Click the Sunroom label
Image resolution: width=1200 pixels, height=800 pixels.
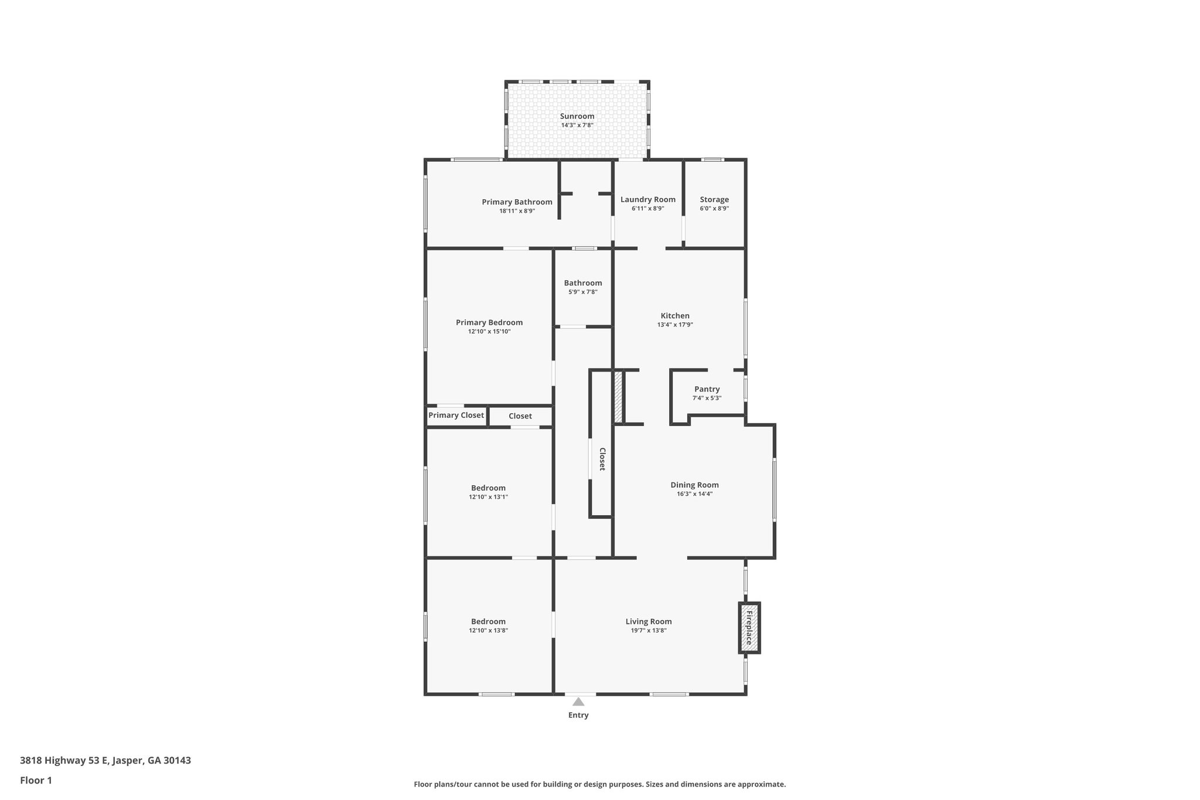[x=577, y=116]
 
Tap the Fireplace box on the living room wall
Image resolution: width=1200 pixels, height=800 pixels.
[x=748, y=628]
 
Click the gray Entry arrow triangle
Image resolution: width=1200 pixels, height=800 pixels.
[x=578, y=702]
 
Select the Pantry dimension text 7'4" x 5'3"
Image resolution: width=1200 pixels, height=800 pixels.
[x=707, y=398]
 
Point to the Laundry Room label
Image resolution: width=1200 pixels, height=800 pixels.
[x=647, y=199]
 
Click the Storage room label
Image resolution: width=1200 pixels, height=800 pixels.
[x=714, y=199]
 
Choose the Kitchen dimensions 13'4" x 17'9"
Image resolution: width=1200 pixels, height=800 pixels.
[x=674, y=325]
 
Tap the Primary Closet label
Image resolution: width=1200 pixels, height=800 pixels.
[x=456, y=416]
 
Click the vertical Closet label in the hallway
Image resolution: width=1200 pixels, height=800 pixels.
[x=602, y=459]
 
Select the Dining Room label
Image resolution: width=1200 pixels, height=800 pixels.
[x=694, y=485]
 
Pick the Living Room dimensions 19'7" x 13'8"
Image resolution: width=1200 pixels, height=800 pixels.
[x=648, y=631]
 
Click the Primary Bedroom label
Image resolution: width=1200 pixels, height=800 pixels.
[x=489, y=322]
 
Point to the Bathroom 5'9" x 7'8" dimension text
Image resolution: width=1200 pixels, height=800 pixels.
[x=582, y=292]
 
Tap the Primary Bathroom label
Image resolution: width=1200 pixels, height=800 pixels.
[x=517, y=202]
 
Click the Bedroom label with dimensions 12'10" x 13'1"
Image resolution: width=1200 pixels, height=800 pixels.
[x=488, y=488]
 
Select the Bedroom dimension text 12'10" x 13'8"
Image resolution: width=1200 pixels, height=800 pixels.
[x=488, y=631]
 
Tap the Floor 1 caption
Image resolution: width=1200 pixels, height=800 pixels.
[x=36, y=780]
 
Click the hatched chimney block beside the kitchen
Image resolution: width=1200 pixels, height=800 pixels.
[x=618, y=396]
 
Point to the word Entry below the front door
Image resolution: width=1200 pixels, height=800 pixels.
[x=578, y=715]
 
